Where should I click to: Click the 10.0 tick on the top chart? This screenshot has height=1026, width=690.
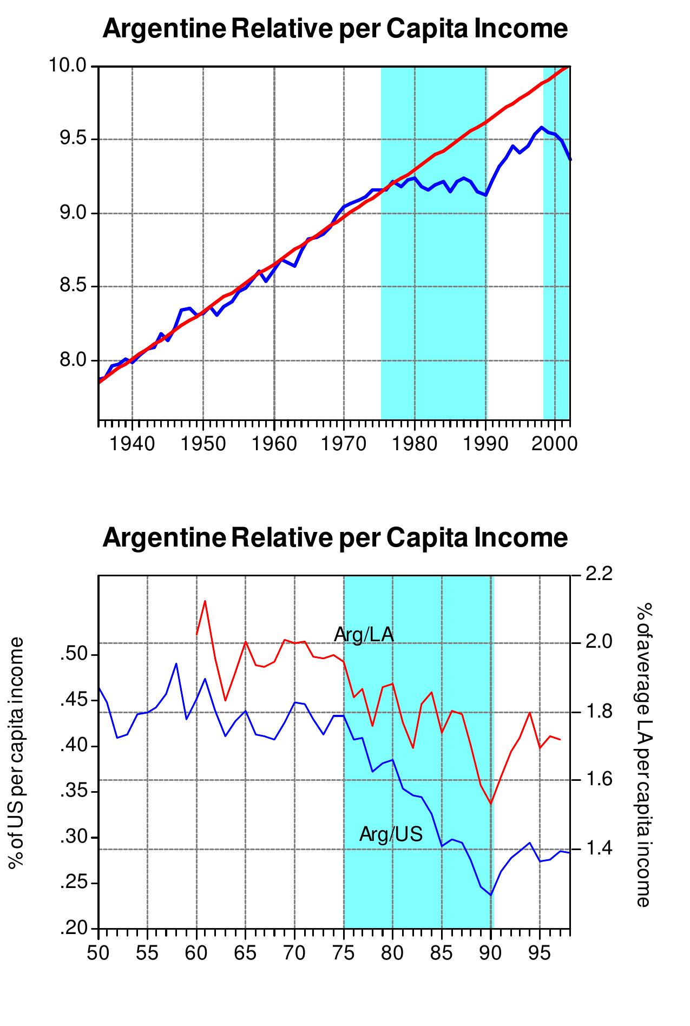click(68, 66)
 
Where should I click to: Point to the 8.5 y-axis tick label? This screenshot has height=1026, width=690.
click(73, 286)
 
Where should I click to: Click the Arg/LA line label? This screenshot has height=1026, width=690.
click(364, 635)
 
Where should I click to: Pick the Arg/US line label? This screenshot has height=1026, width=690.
click(391, 834)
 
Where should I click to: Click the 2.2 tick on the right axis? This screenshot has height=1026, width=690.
click(599, 574)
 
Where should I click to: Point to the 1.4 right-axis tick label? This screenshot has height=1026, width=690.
click(599, 849)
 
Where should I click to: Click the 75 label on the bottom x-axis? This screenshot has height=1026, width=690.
click(344, 952)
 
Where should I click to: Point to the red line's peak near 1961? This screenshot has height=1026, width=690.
click(205, 601)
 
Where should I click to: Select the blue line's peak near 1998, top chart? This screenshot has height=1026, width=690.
click(541, 128)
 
